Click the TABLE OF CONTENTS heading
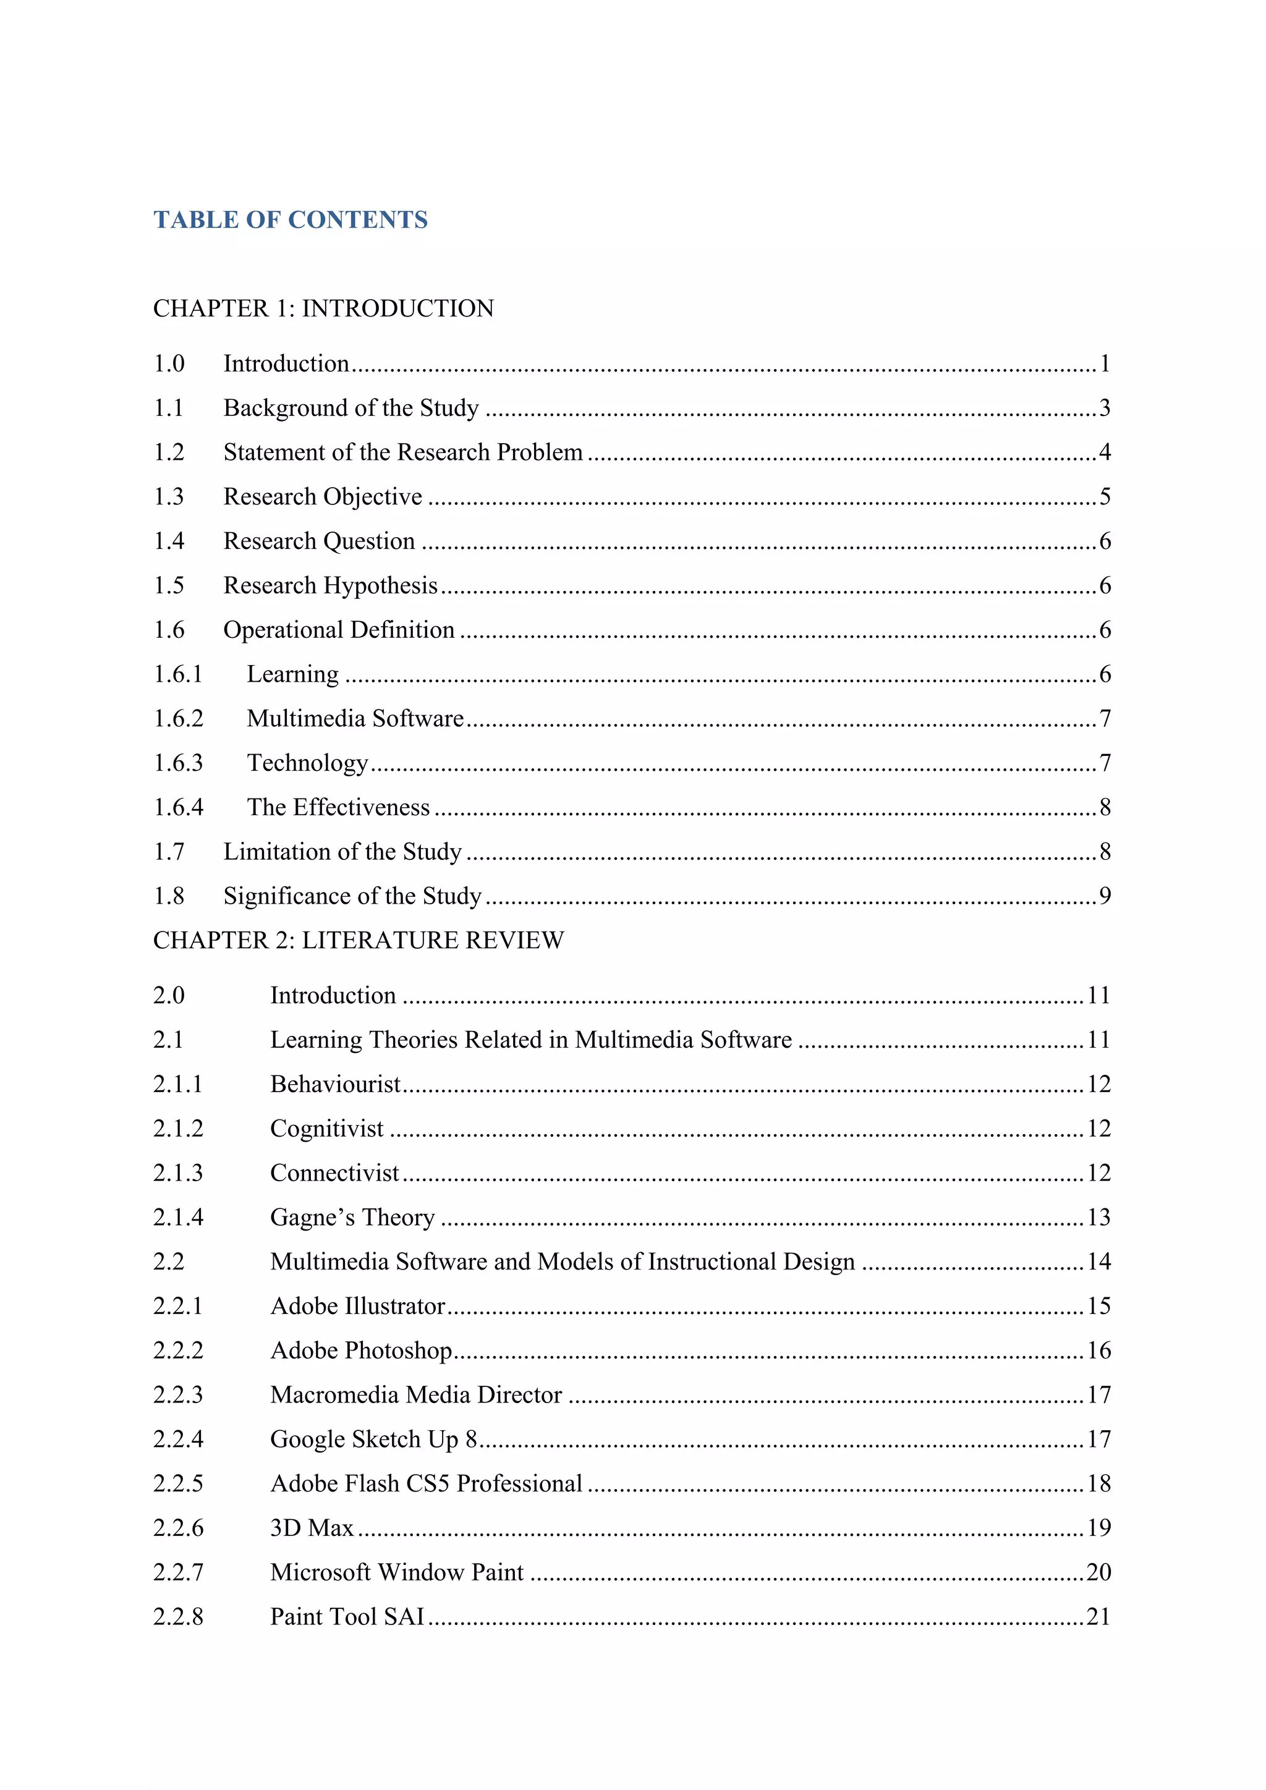pos(290,220)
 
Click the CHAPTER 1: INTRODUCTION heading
pos(323,308)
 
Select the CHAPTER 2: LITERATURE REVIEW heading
pos(358,940)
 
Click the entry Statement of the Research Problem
pos(402,452)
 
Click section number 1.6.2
pos(178,719)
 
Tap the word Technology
pos(307,763)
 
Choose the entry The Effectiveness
pos(338,808)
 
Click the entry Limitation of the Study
pos(342,852)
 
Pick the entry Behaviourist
pos(335,1085)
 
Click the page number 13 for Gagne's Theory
pos(1098,1217)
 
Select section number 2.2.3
pos(178,1395)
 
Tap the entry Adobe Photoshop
pos(361,1351)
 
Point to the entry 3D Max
pos(312,1528)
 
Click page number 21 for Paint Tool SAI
pos(1098,1617)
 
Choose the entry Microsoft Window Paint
pos(396,1572)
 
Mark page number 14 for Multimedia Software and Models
pos(1098,1262)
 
